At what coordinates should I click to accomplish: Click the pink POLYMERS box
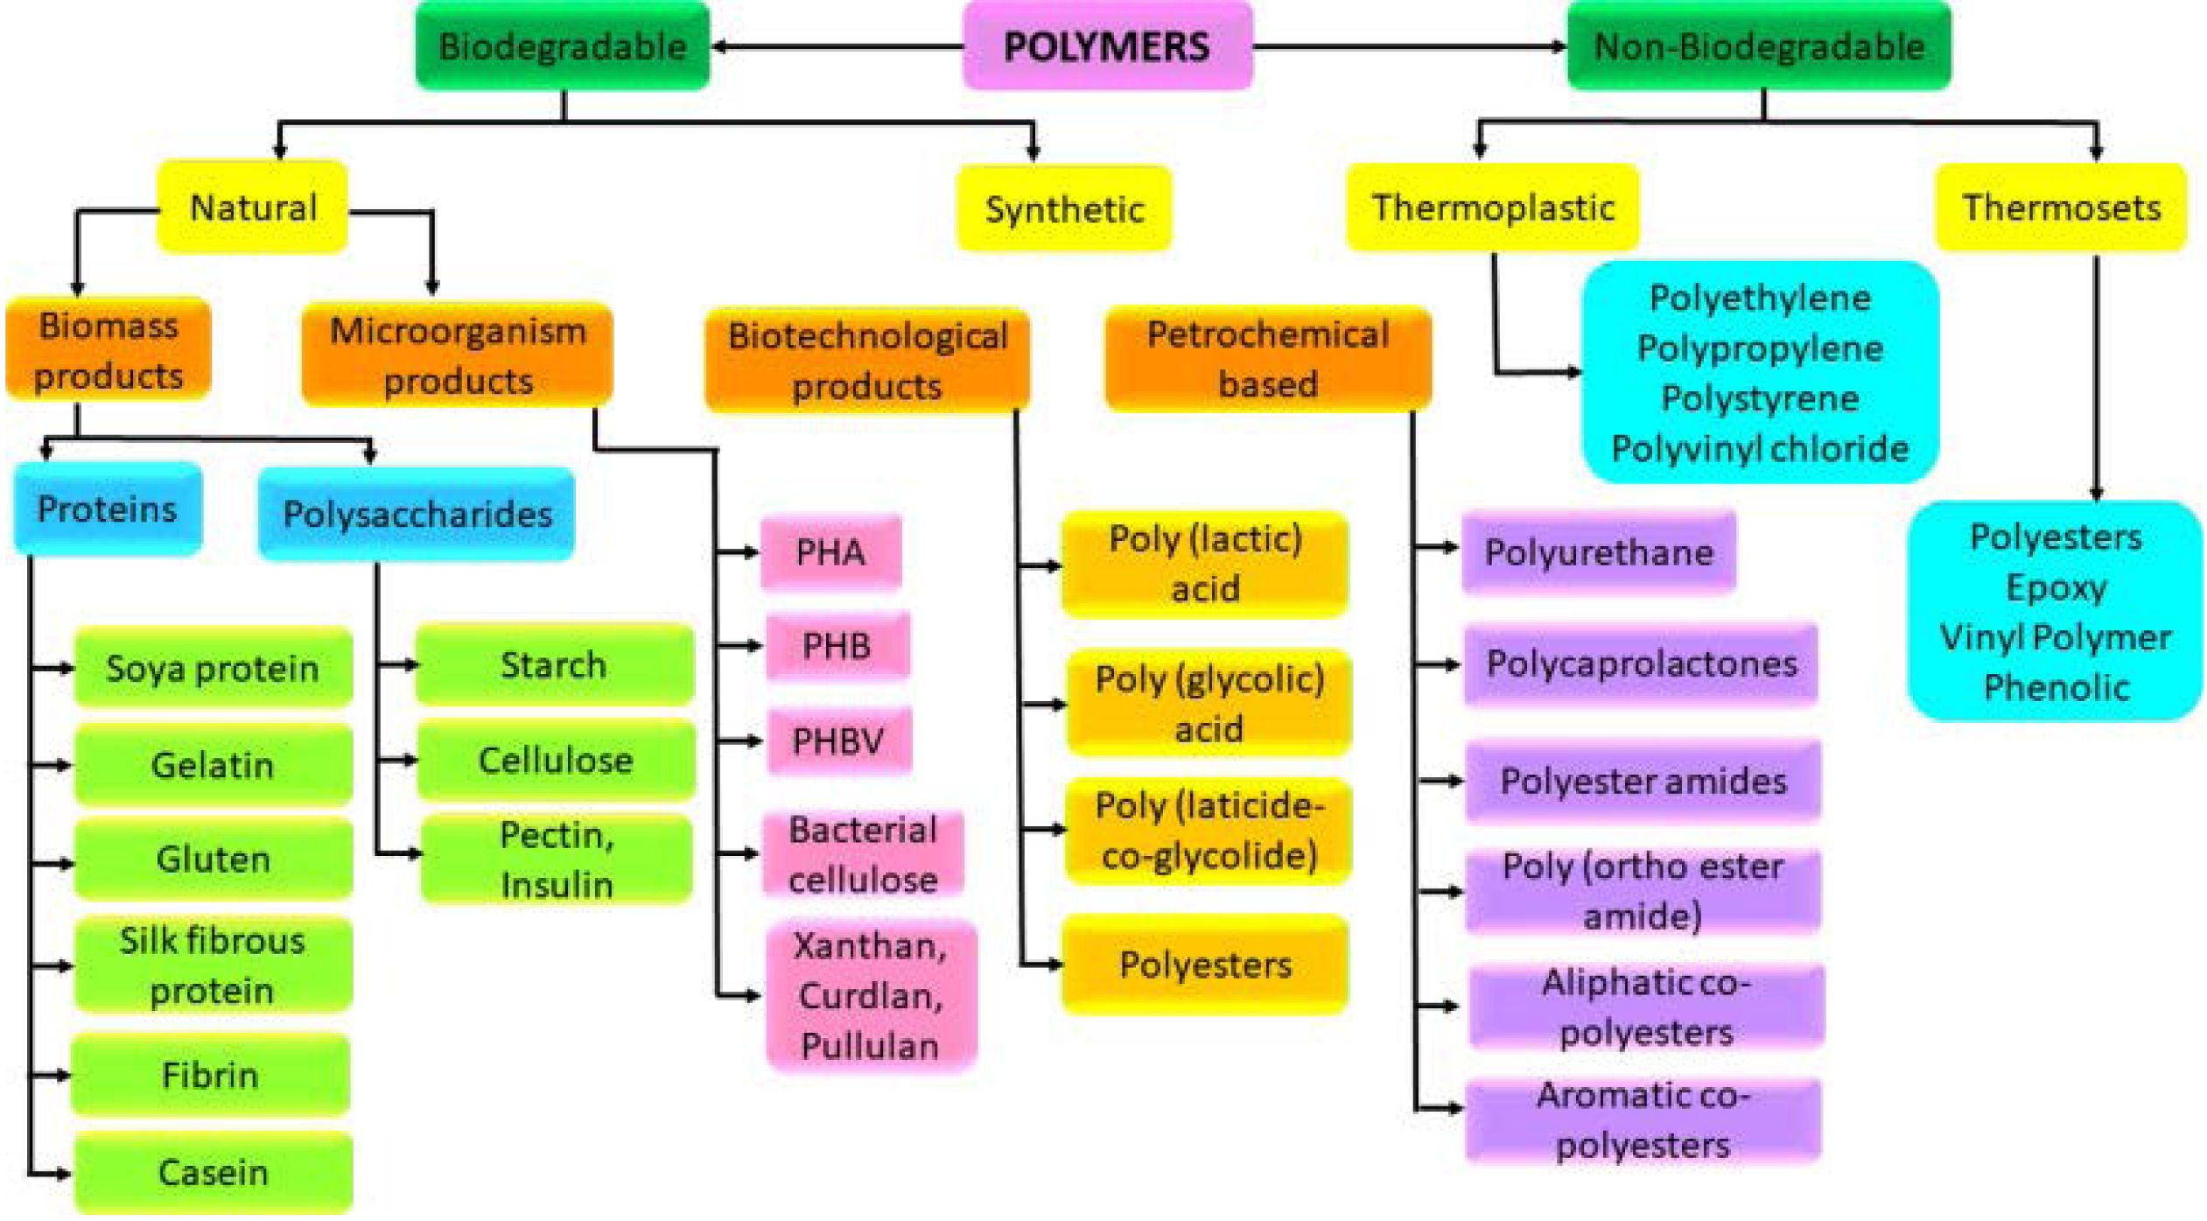coord(1107,46)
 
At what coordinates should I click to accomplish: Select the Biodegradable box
coord(563,46)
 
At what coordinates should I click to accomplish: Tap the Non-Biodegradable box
coord(1759,46)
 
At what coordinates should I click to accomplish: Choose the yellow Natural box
coord(252,207)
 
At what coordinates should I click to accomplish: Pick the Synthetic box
coord(1064,209)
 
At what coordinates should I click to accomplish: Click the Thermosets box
coord(2061,207)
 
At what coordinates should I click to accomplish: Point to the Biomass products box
coord(109,350)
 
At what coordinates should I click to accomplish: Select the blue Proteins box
coord(108,509)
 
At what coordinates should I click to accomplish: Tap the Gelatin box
coord(213,765)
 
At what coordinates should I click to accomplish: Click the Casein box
coord(213,1172)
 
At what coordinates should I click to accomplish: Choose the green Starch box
coord(554,664)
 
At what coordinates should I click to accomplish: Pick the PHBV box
coord(838,741)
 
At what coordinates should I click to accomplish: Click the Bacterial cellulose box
coord(863,854)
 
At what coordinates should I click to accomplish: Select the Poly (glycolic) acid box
coord(1209,703)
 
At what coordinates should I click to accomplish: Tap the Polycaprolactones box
coord(1642,664)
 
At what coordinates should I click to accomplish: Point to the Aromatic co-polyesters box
coord(1643,1120)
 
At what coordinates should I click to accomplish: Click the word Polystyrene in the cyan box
coord(1760,399)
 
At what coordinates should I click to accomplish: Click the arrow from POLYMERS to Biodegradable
coord(837,46)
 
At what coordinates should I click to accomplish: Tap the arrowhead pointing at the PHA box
coord(750,552)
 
